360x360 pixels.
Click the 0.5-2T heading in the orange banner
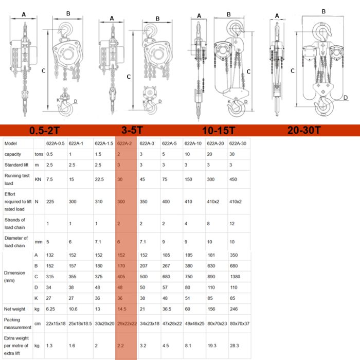pos(44,131)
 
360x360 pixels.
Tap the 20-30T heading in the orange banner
pos(304,130)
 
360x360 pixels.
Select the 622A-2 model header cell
pos(124,143)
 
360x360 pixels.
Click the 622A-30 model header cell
pos(238,143)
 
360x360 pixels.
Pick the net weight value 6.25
pos(50,309)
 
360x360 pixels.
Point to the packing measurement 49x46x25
pos(194,323)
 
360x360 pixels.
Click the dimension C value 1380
pos(235,277)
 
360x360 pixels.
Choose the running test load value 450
pos(233,179)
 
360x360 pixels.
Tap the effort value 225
pos(50,202)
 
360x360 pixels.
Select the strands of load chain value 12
pos(232,224)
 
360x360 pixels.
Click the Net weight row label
pos(14,309)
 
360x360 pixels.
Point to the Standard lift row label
pos(16,165)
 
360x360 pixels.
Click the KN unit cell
pos(38,179)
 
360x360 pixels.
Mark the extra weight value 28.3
pos(234,346)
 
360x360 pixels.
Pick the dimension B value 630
pos(211,266)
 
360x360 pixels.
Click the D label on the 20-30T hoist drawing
pos(345,98)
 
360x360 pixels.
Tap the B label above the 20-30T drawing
pos(323,11)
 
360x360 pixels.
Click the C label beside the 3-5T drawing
pos(129,77)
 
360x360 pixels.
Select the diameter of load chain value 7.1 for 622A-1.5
pos(98,242)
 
